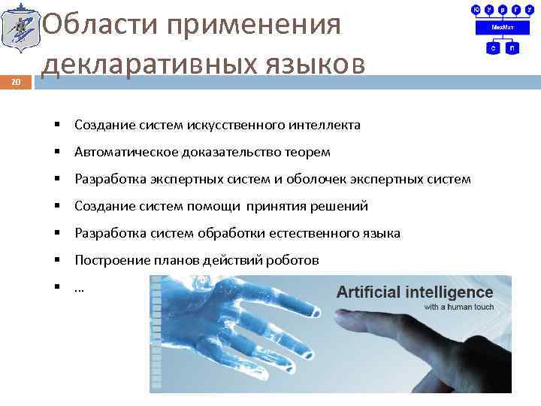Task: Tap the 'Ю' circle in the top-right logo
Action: coord(476,9)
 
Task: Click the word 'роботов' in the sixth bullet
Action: coord(295,261)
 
